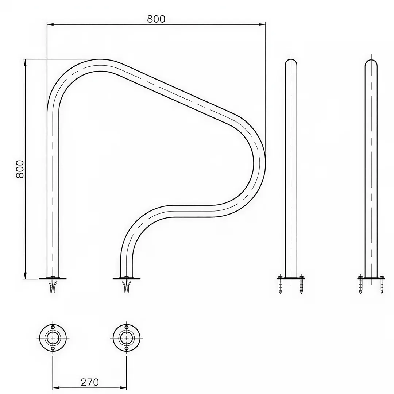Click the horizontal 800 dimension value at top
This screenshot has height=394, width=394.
pos(156,19)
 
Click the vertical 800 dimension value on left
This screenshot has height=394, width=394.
pos(20,169)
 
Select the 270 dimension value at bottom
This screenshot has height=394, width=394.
pos(90,382)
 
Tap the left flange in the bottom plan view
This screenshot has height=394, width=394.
pos(53,338)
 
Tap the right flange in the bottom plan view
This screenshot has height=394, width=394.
pos(126,338)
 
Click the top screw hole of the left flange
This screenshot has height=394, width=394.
pos(53,327)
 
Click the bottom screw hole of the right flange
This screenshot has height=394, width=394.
pos(126,349)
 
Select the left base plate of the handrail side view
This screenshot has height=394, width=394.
pos(53,278)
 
